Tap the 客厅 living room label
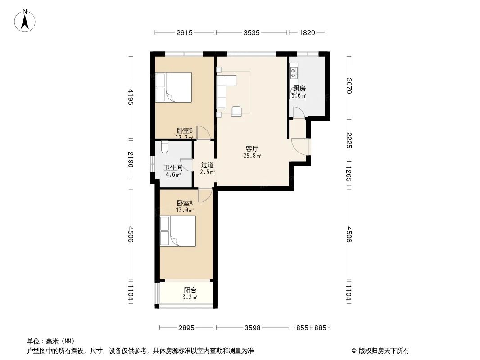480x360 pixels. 252,148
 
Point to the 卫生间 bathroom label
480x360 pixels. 173,167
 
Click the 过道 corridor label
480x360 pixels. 207,165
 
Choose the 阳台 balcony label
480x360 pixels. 190,290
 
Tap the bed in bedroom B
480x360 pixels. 174,88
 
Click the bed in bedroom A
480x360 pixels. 178,231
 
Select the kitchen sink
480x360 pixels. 294,71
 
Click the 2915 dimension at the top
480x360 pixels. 185,32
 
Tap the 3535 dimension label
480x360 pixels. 251,32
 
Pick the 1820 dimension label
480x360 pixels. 306,32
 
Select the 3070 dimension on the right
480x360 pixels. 349,85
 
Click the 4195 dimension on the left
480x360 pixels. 131,97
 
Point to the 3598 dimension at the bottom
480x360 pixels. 253,328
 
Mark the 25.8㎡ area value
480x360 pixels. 252,156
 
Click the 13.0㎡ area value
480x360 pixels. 185,210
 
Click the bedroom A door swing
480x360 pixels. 204,194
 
